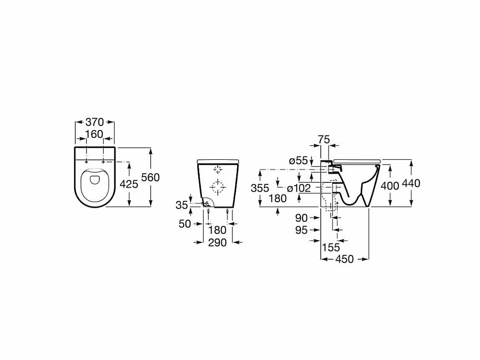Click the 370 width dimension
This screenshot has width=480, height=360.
tap(95, 122)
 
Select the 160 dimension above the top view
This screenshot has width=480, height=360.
tap(95, 134)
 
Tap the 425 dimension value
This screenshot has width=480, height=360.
tap(129, 184)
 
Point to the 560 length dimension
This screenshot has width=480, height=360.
tap(151, 177)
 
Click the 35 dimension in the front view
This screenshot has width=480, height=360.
tap(181, 205)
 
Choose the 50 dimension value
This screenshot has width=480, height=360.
tap(185, 224)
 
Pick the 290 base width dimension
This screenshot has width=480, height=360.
tap(217, 242)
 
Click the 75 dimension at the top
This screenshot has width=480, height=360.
tap(324, 140)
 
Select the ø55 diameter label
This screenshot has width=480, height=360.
tap(298, 160)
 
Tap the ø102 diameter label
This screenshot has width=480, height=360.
tap(299, 188)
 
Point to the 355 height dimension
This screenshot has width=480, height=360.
tap(260, 188)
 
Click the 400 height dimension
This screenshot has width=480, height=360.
tap(390, 185)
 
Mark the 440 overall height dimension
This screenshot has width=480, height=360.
tap(411, 183)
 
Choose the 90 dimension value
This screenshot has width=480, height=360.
tap(301, 218)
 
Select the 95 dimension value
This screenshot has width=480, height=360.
tap(301, 230)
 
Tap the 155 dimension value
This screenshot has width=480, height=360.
tap(331, 247)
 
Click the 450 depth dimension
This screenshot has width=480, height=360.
tap(344, 259)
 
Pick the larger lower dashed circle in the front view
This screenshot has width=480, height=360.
tap(217, 186)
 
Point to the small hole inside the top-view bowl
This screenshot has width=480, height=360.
tap(95, 180)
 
